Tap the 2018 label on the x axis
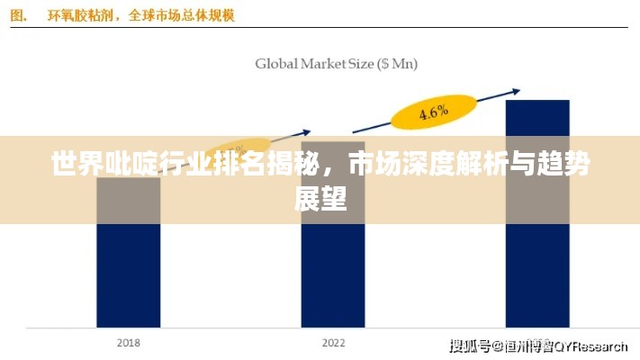(x=128, y=343)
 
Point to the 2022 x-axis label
(x=333, y=343)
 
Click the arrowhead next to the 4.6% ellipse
(x=515, y=90)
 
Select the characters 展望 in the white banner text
(x=320, y=198)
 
